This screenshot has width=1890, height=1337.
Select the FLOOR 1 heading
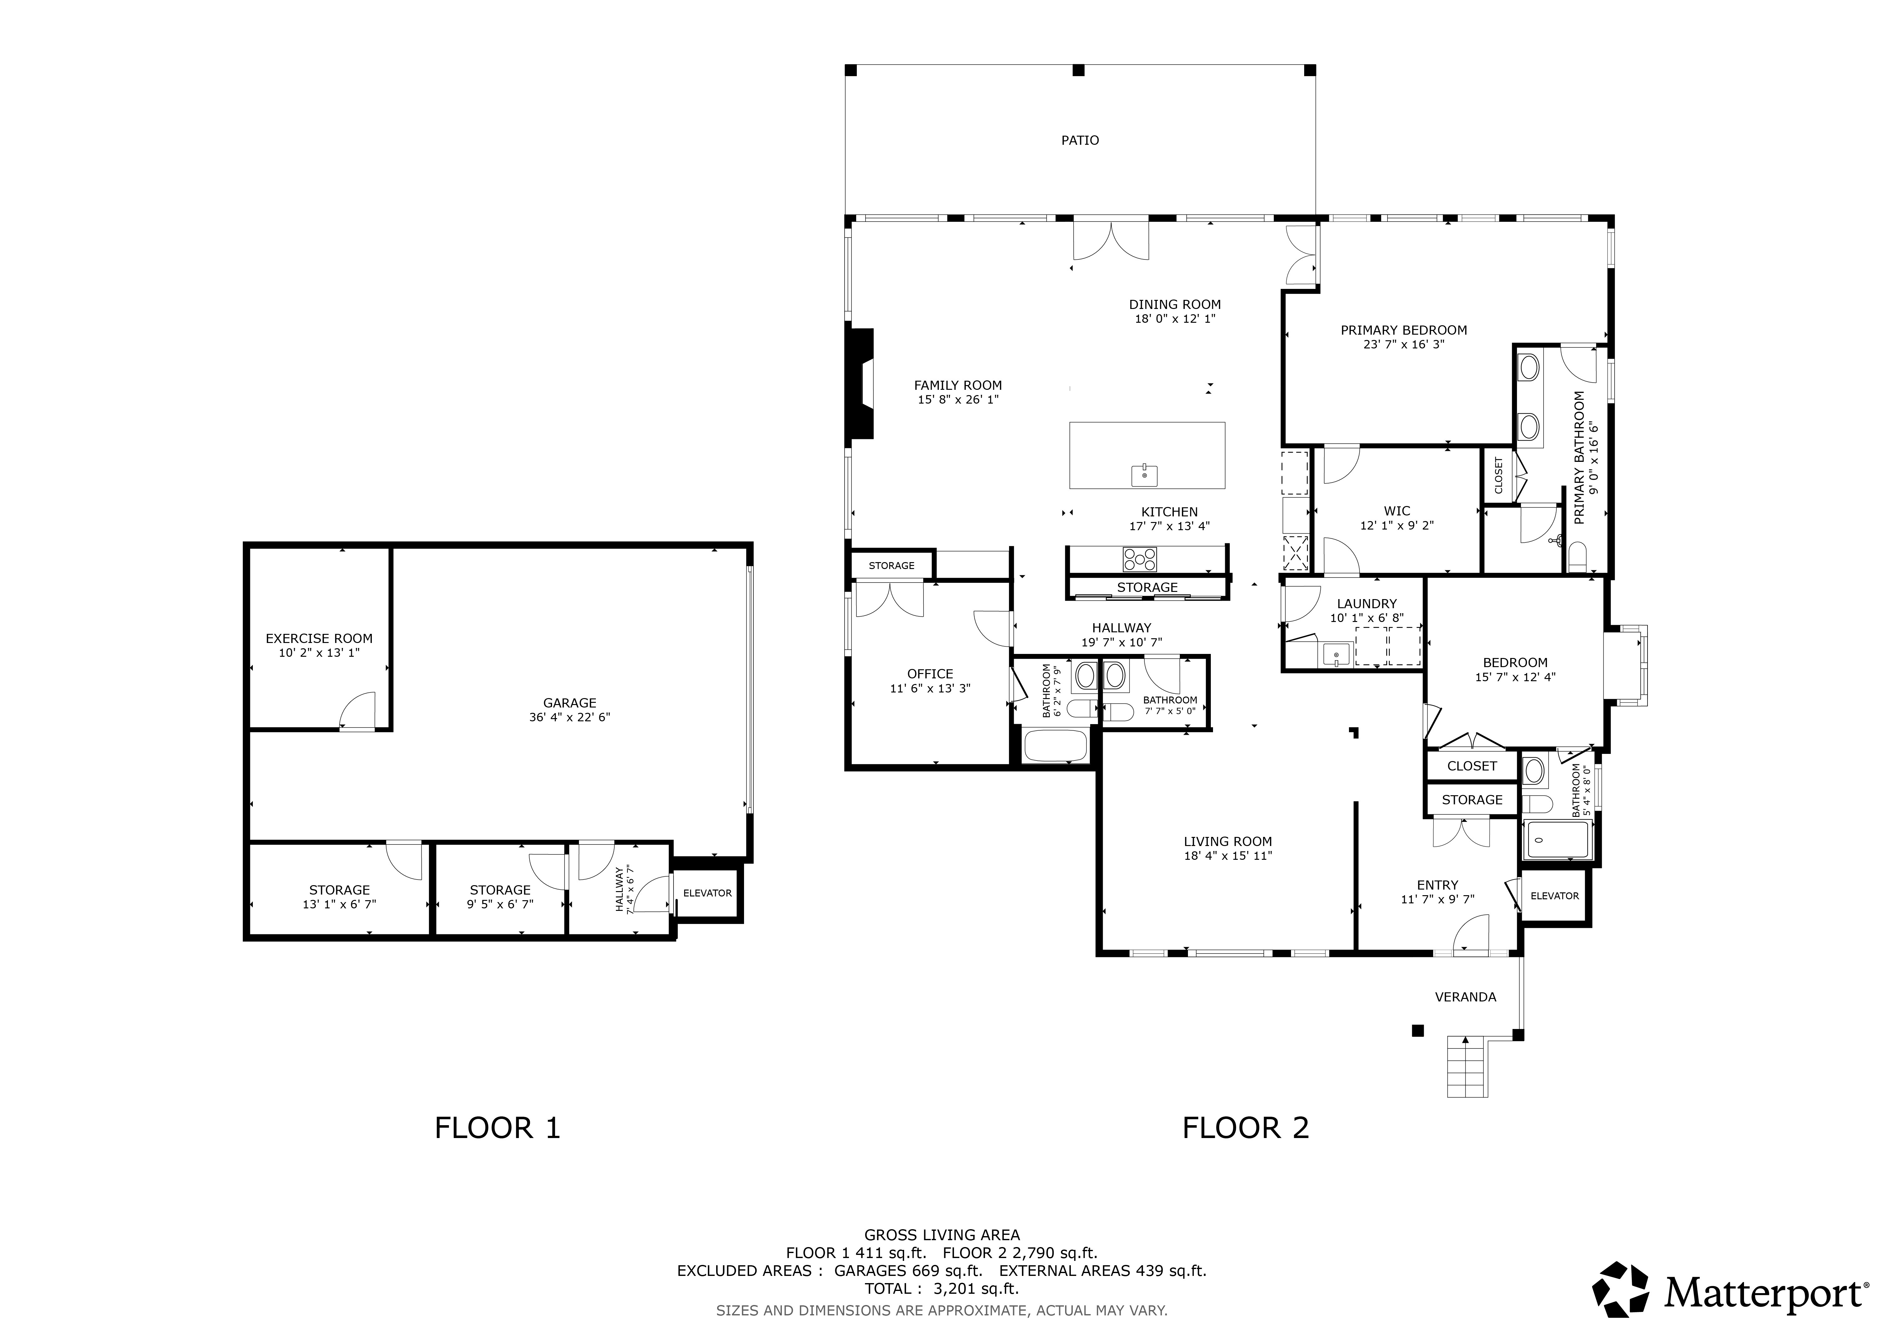[x=497, y=1128]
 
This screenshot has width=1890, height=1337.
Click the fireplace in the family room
[x=860, y=384]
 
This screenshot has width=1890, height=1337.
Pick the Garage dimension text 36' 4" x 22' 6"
[x=570, y=717]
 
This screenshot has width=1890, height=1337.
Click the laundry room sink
[x=1335, y=655]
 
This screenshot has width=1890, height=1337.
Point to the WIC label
[x=1397, y=511]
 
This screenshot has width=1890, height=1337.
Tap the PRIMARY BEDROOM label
[x=1403, y=330]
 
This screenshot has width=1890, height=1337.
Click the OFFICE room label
[x=930, y=673]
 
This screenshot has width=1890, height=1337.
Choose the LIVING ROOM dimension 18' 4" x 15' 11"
[x=1228, y=855]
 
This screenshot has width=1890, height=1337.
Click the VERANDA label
[x=1465, y=997]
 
